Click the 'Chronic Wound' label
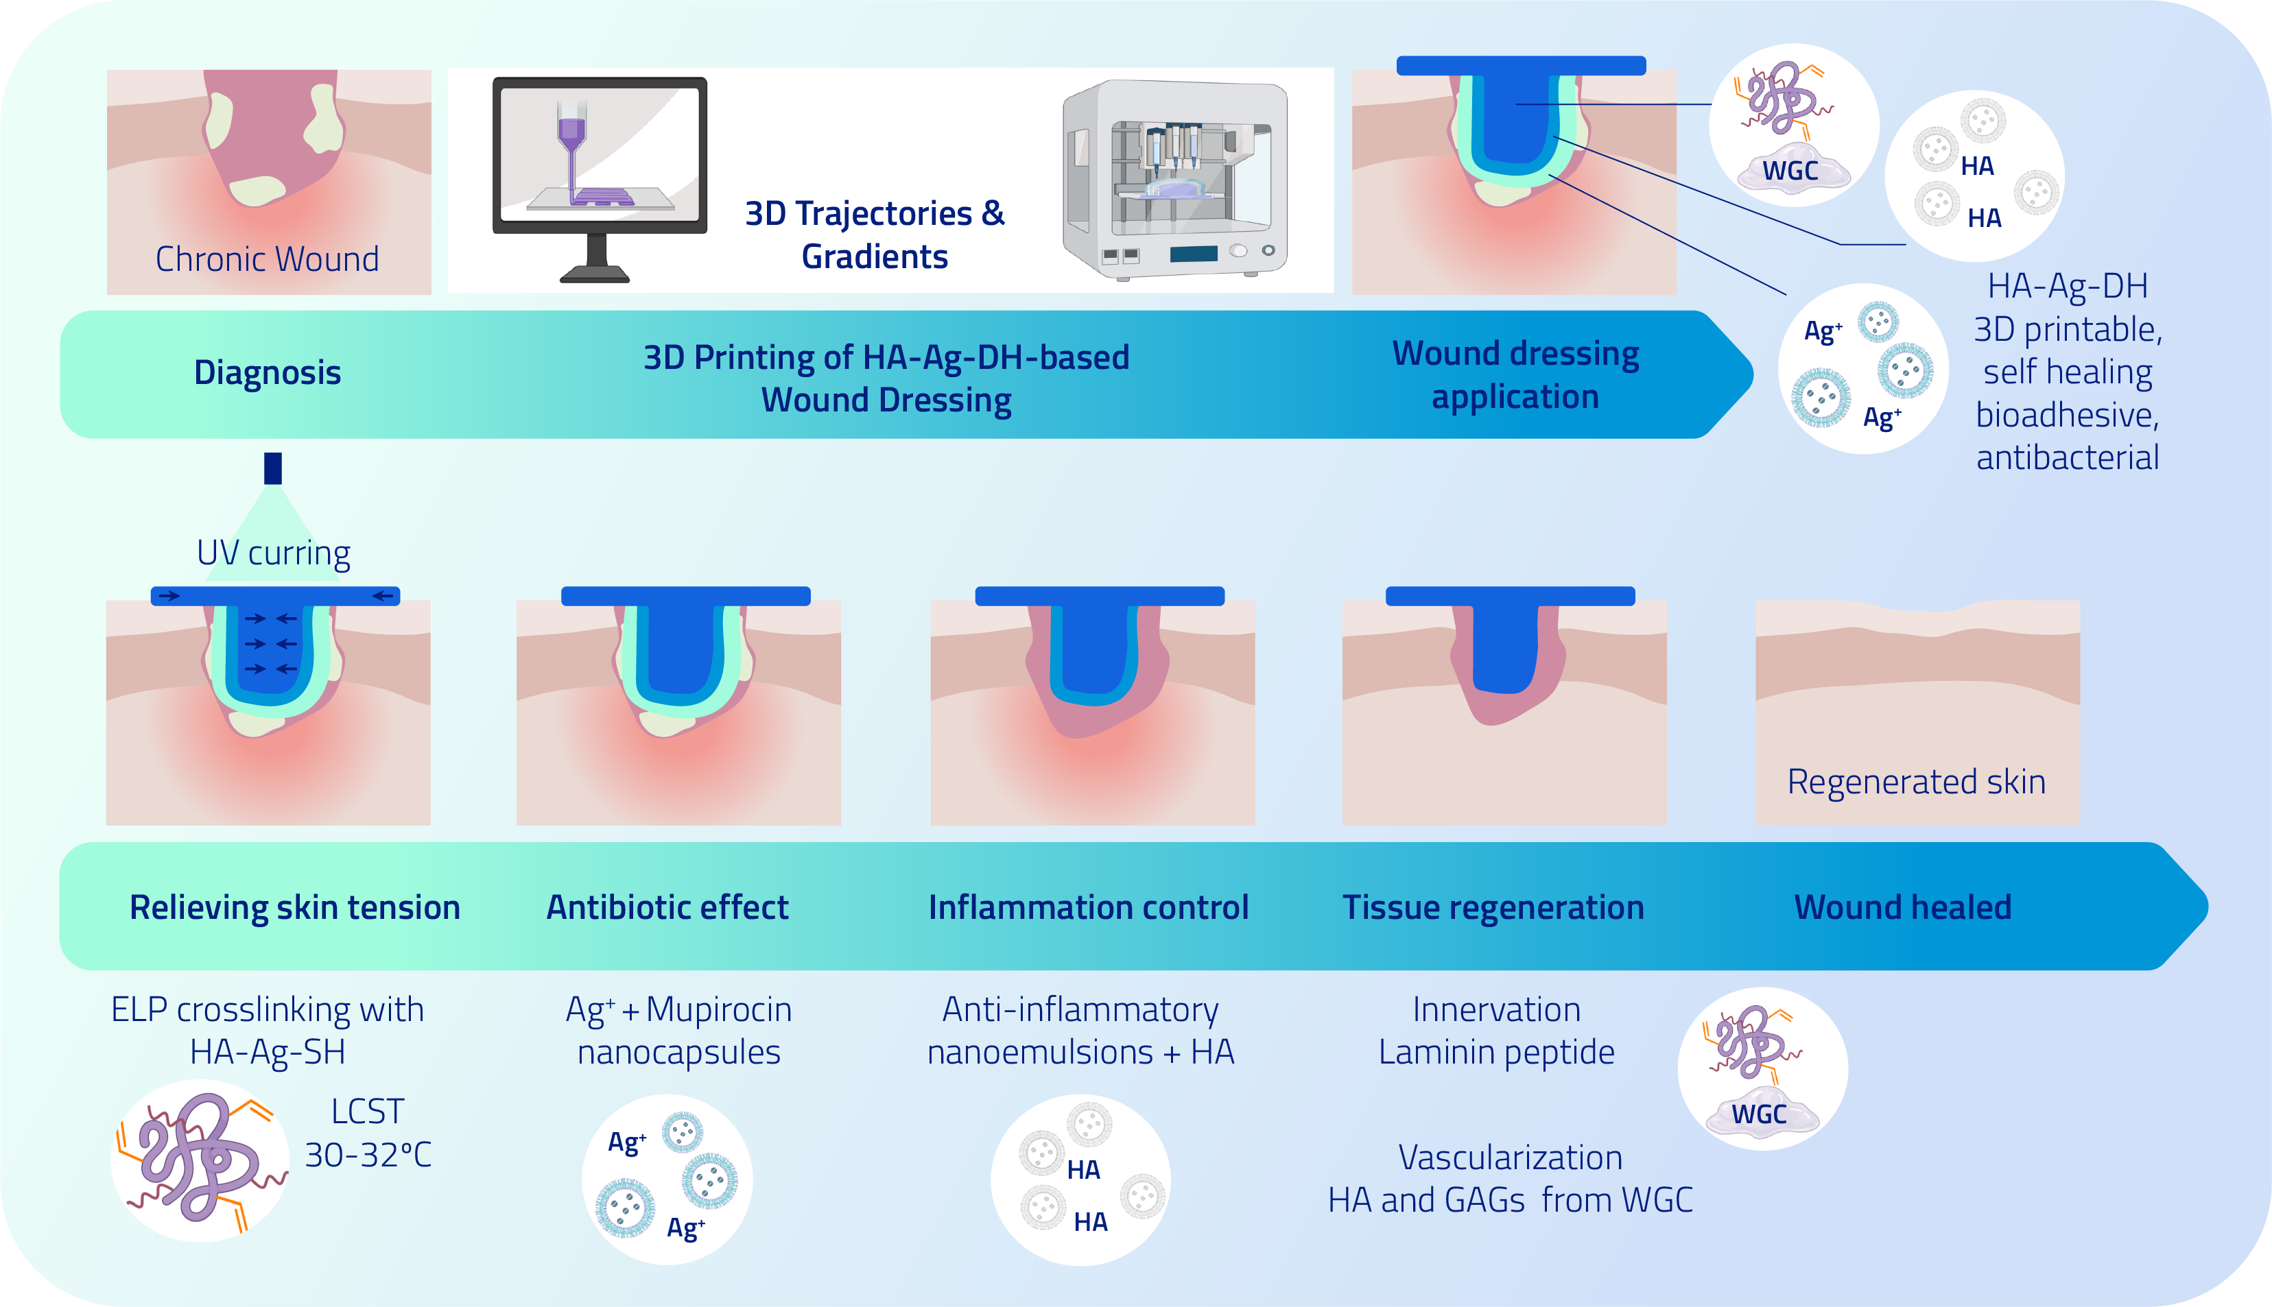pos(267,259)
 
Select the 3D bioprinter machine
pos(1174,180)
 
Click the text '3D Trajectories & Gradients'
pos(875,235)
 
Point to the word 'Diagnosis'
pos(268,372)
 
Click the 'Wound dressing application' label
pos(1515,375)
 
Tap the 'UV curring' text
pos(273,553)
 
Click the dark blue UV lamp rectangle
pos(273,468)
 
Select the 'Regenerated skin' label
pos(1917,782)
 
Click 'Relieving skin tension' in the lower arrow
pos(294,907)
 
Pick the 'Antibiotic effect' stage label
pos(667,907)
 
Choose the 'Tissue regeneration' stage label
pos(1493,907)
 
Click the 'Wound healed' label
pos(1903,907)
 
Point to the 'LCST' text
pos(367,1112)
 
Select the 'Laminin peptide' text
pos(1496,1052)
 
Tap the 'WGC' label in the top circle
pos(1790,171)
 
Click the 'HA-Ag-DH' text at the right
pos(2068,287)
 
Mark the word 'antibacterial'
pos(2068,458)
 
